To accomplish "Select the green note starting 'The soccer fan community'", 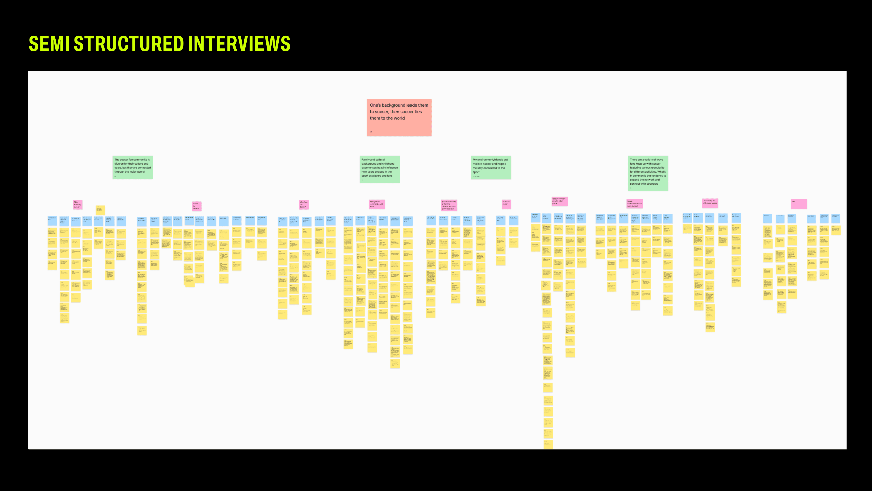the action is coord(132,167).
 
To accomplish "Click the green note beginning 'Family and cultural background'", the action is coord(379,169).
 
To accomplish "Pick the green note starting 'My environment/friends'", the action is coord(490,167).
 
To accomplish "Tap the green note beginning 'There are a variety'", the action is coord(648,173).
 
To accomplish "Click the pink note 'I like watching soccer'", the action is coord(77,205).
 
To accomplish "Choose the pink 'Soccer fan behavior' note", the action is coord(196,206).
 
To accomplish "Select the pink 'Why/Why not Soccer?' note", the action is coord(304,204).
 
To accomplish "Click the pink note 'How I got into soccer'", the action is coord(377,204).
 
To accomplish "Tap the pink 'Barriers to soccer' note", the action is coord(506,204).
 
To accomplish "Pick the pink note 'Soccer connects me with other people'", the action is coord(559,201).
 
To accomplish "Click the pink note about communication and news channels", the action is coord(634,204).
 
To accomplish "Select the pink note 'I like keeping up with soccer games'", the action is coord(710,203).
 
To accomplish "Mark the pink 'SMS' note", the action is coord(799,204).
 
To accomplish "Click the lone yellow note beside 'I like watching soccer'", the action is coord(100,210).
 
